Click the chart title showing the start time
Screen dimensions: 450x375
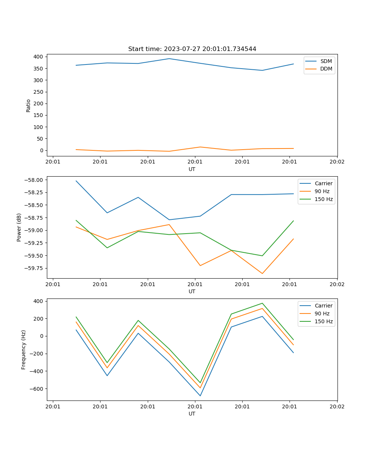192,49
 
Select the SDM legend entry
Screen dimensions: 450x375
326,61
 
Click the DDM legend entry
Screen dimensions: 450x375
326,69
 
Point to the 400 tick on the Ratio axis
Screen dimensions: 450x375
38,57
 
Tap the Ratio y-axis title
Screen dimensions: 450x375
28,105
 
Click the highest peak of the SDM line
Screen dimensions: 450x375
169,58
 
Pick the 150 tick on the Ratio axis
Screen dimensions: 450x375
38,115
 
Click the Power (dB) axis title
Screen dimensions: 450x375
19,227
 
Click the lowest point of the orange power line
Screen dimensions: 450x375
262,273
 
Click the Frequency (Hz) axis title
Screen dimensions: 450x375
24,349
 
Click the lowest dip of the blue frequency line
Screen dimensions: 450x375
200,396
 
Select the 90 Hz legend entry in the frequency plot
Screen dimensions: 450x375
322,313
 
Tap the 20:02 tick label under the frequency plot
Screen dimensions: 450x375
337,406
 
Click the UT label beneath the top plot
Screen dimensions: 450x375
192,169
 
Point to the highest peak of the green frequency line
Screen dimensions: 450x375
262,303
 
